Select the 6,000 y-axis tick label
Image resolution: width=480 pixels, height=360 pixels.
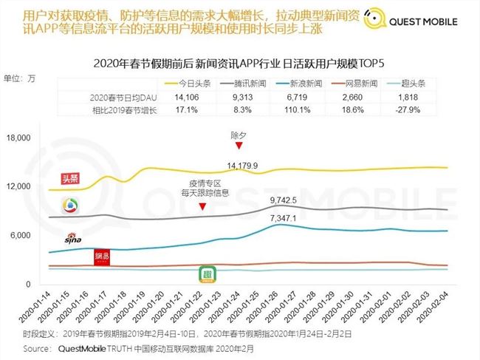(21, 236)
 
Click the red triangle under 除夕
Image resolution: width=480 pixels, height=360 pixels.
(239, 148)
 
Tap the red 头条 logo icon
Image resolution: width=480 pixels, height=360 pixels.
(71, 179)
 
